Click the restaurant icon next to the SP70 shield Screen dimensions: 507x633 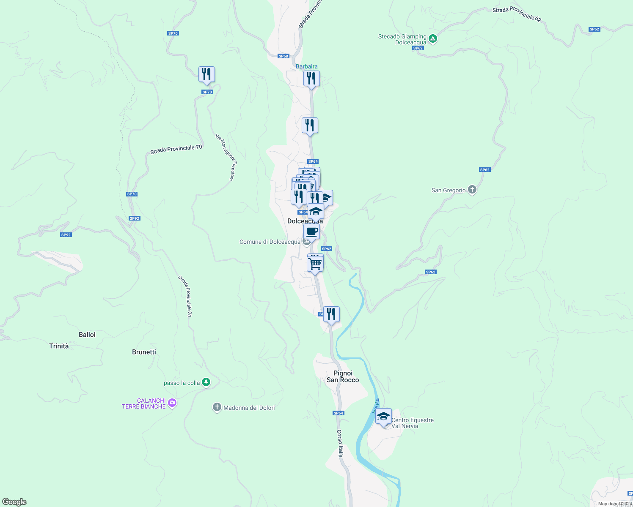coord(206,75)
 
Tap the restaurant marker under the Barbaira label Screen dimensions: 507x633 coord(311,79)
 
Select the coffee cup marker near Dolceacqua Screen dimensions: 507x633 coord(311,232)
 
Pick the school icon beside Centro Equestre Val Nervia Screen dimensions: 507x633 coord(383,417)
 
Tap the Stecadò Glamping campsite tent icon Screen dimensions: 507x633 coord(432,39)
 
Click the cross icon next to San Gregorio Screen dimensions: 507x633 coord(472,190)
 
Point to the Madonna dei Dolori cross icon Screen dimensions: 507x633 coord(217,407)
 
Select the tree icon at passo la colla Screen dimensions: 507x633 coord(206,382)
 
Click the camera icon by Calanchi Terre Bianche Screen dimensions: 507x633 coord(172,403)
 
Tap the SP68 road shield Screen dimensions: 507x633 coord(283,56)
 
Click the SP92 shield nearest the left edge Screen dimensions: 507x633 coord(66,235)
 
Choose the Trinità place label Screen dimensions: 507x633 coord(59,346)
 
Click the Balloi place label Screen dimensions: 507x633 coord(87,335)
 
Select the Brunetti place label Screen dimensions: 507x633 coord(144,352)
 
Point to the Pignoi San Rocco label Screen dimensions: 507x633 coord(343,376)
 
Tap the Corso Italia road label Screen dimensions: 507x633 coord(340,444)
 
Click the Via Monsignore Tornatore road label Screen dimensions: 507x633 coord(225,157)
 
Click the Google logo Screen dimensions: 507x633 coord(14,502)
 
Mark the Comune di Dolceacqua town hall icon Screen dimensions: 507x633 coord(307,242)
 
